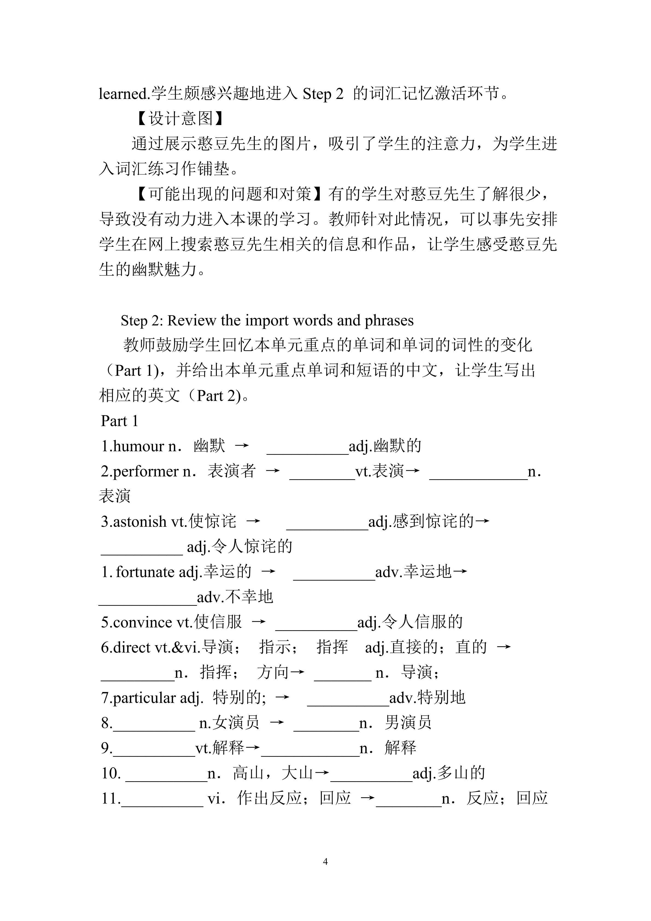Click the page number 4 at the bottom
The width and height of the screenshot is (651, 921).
coord(325,861)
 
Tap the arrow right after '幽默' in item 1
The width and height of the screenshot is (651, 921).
coord(242,446)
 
